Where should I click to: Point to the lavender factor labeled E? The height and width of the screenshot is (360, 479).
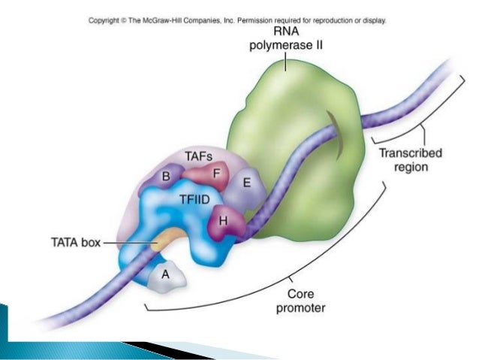tap(246, 183)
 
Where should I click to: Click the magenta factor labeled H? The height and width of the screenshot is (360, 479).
tap(224, 221)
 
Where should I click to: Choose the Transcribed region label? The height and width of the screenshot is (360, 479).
tap(410, 160)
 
